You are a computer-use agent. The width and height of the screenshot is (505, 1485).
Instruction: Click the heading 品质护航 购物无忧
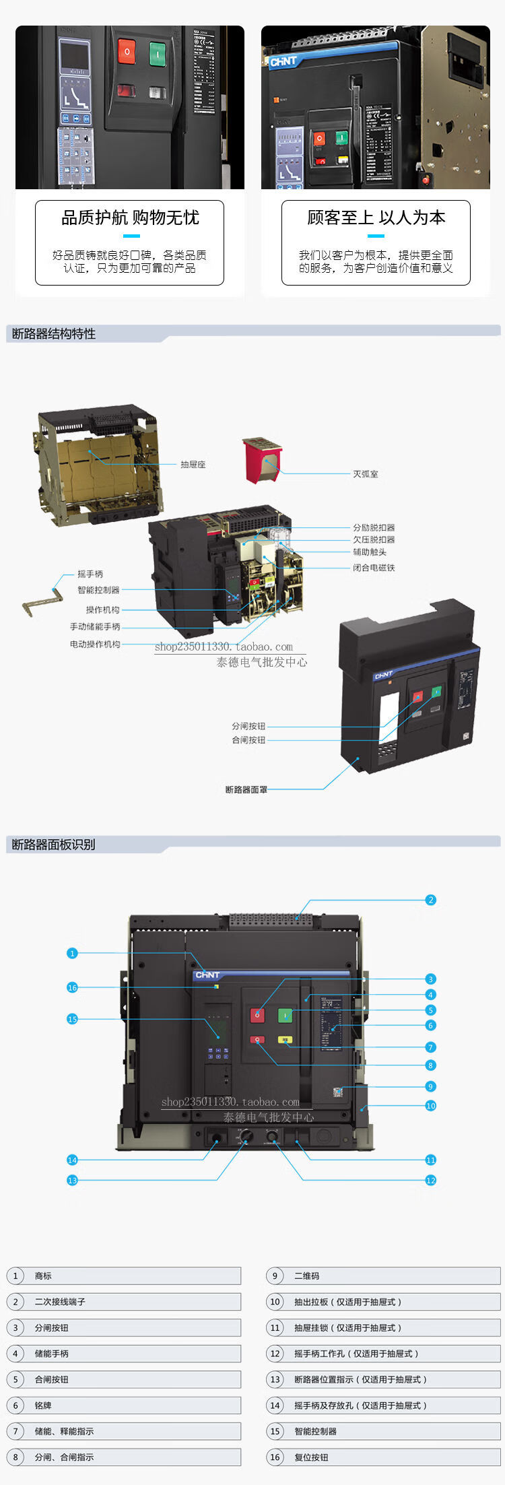click(130, 218)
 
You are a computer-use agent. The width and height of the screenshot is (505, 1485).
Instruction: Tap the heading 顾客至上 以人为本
click(376, 218)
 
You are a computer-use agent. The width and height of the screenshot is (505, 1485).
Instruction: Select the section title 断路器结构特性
click(54, 334)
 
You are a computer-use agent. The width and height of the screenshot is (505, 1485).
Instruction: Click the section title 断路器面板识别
click(54, 845)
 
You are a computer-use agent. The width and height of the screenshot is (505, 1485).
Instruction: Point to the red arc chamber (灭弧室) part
click(262, 459)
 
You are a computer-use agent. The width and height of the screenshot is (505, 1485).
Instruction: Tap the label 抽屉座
click(193, 465)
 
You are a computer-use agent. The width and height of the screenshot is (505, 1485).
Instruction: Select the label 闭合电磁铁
click(374, 568)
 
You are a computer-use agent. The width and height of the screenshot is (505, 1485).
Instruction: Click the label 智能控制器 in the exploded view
click(98, 590)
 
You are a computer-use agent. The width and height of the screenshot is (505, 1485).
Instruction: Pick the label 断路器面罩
click(246, 789)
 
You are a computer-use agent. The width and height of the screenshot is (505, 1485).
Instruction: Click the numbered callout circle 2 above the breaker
click(431, 900)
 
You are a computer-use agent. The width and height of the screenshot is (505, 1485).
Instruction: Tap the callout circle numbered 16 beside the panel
click(73, 987)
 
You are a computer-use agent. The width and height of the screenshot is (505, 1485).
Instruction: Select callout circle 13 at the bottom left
click(73, 1180)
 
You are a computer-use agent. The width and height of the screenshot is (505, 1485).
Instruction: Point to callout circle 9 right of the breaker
click(431, 1086)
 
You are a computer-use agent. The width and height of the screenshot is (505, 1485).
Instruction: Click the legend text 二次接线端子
click(60, 1302)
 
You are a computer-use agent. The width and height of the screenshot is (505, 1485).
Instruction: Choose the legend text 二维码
click(306, 1276)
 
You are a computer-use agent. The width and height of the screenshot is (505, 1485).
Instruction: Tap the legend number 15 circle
click(275, 1431)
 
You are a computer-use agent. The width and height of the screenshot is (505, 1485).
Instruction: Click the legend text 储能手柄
click(52, 1354)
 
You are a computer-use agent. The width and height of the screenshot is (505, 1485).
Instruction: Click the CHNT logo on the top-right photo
click(283, 62)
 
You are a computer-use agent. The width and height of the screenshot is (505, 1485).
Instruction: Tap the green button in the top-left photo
click(158, 52)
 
